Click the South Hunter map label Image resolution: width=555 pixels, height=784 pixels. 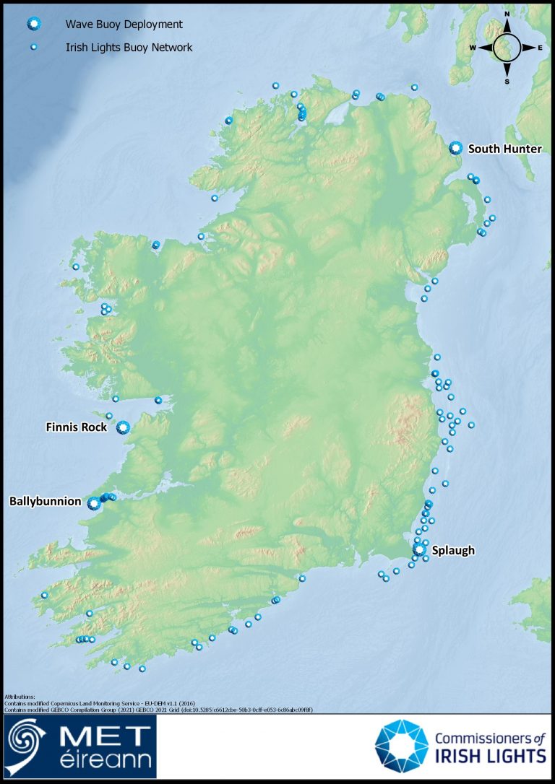(504, 149)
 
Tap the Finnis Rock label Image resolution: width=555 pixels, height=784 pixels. (76, 427)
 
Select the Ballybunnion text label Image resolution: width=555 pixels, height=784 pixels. (45, 501)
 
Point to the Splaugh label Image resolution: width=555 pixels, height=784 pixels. (453, 551)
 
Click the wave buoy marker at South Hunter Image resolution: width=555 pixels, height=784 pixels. (455, 148)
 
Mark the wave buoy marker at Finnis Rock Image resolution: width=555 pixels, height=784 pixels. (123, 427)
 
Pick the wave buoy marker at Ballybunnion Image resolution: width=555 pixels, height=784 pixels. (93, 503)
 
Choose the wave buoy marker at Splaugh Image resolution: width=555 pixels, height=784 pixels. (419, 550)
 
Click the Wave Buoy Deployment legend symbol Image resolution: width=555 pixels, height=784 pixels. (33, 25)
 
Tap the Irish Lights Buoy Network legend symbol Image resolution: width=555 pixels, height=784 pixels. (33, 48)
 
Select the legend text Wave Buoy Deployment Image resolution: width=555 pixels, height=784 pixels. (124, 25)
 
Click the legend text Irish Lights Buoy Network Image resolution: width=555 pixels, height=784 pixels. (129, 48)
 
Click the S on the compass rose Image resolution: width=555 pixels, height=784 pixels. (507, 82)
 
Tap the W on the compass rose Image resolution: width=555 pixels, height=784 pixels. (473, 48)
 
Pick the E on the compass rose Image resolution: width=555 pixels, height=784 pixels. (540, 48)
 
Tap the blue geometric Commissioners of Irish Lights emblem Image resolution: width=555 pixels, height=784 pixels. (401, 746)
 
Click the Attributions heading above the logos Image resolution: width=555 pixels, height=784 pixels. (20, 697)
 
